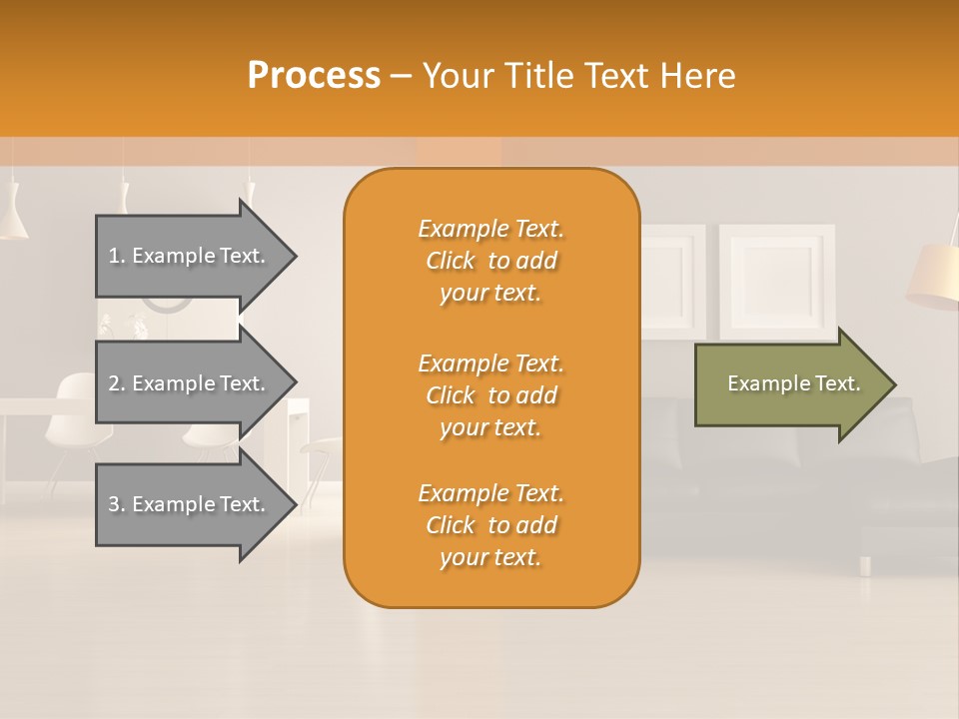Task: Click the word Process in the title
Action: pyautogui.click(x=314, y=75)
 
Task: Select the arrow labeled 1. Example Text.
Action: pyautogui.click(x=190, y=256)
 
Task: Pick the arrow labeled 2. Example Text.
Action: pyautogui.click(x=190, y=383)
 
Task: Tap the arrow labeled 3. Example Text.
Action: pyautogui.click(x=190, y=504)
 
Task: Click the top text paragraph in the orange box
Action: pyautogui.click(x=490, y=261)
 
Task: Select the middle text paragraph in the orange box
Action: pyautogui.click(x=490, y=395)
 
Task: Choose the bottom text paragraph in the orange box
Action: pyautogui.click(x=490, y=525)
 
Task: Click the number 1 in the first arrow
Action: pyautogui.click(x=114, y=256)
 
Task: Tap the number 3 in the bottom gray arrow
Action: pyautogui.click(x=114, y=504)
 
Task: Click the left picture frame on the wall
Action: pyautogui.click(x=673, y=281)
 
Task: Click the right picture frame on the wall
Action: pyautogui.click(x=777, y=281)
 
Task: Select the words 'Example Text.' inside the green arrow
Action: pyautogui.click(x=794, y=383)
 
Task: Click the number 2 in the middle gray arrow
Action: pyautogui.click(x=114, y=383)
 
